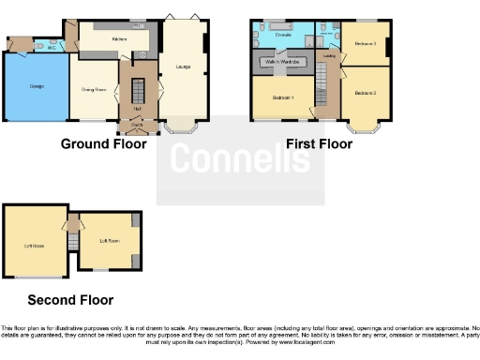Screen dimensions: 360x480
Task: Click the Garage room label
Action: tap(37, 85)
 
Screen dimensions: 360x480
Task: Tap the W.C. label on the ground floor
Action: tap(52, 45)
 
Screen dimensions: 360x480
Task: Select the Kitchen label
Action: tap(119, 39)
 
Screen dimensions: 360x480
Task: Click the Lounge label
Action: tap(182, 67)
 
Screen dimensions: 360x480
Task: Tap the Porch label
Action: tap(137, 124)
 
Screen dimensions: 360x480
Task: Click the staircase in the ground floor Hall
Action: tap(136, 93)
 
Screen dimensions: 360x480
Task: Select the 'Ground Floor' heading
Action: tap(103, 144)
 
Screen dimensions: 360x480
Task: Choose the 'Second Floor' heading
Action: tap(70, 300)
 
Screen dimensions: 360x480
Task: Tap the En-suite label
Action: tap(283, 34)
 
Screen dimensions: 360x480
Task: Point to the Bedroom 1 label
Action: tap(282, 97)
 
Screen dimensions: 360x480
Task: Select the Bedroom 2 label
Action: tap(365, 93)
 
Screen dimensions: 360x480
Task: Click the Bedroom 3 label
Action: tap(365, 44)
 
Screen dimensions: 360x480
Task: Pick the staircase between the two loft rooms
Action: tap(71, 240)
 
